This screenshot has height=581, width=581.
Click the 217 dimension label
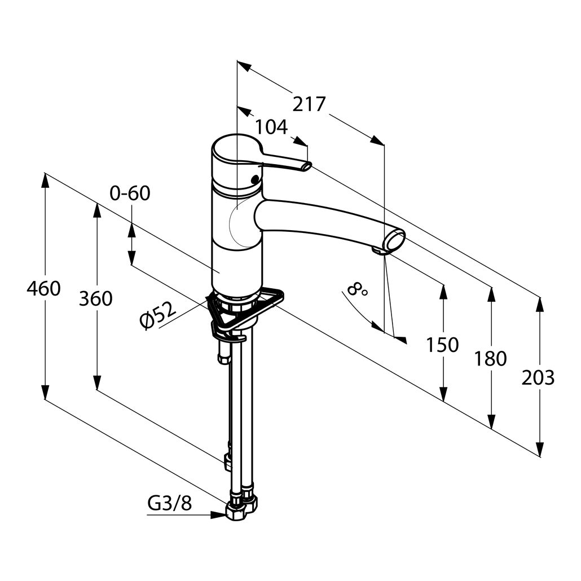(309, 104)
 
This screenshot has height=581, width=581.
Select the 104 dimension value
(271, 127)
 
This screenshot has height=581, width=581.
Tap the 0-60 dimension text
(130, 193)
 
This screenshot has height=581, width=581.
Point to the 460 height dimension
(43, 289)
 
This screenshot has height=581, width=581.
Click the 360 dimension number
(95, 298)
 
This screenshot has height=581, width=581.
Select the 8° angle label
(357, 289)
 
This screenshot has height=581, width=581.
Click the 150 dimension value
(442, 345)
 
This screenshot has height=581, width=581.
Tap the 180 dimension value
(490, 359)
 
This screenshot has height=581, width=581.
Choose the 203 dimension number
(538, 378)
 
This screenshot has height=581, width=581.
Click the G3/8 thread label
(170, 503)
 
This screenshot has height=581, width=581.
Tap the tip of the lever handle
(307, 166)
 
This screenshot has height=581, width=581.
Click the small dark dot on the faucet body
(254, 180)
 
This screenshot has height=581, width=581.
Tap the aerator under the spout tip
(378, 251)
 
